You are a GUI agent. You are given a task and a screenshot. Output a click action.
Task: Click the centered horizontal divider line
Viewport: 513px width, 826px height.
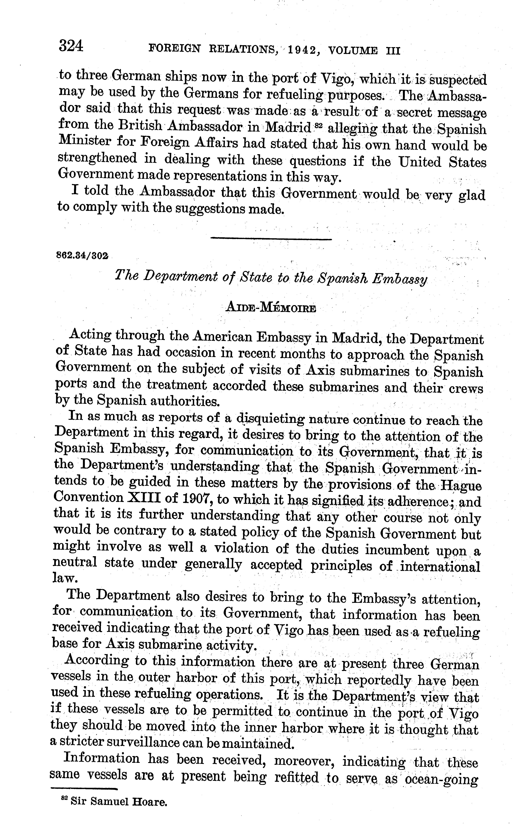pyautogui.click(x=271, y=239)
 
